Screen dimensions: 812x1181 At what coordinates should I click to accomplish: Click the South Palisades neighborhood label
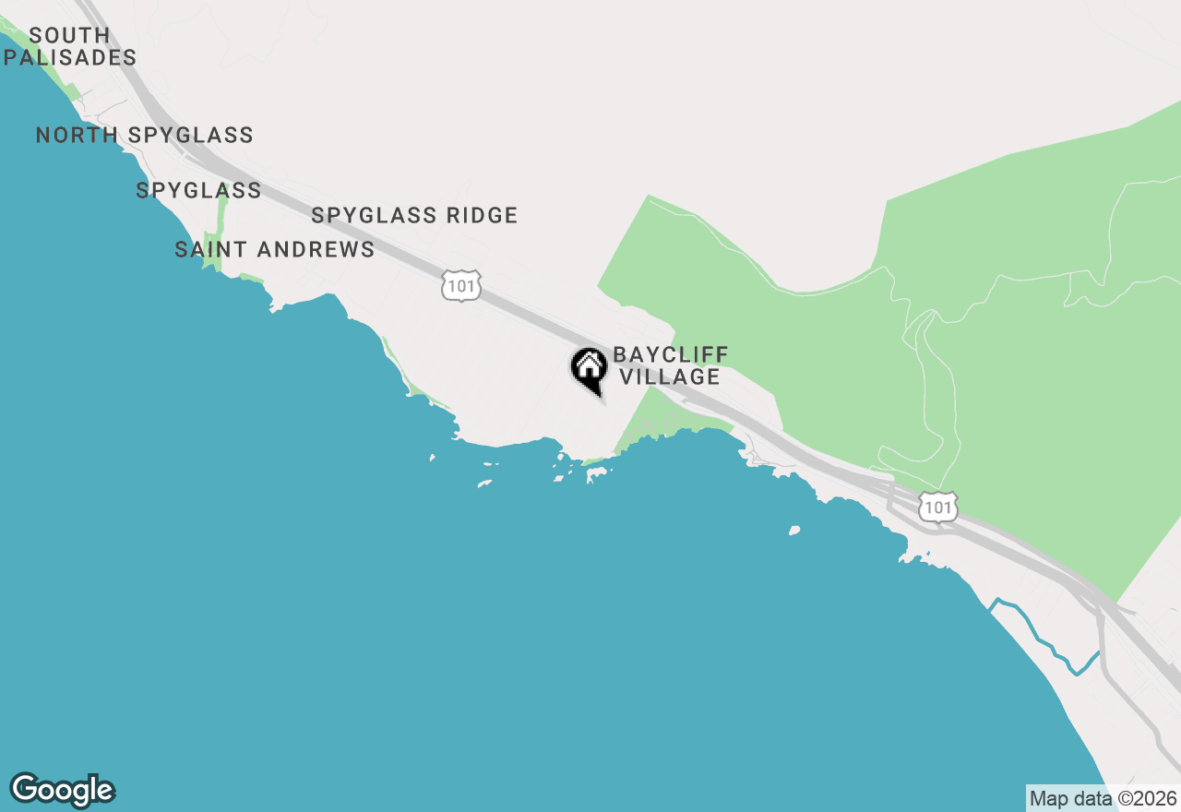coord(70,46)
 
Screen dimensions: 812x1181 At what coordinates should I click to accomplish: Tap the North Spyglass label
coord(145,136)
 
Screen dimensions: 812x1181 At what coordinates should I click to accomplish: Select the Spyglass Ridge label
coord(414,216)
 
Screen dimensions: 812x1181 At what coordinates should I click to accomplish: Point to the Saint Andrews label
coord(275,250)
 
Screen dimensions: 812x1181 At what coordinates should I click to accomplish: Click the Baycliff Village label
coord(671,366)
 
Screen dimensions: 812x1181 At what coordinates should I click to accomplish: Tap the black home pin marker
coord(590,369)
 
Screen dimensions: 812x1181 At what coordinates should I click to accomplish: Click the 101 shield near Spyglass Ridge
coord(460,286)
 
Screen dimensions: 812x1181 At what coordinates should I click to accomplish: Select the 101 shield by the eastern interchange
coord(937,507)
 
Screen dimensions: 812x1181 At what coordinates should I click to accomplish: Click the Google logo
coord(62,791)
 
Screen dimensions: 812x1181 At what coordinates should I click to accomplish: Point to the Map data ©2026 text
coord(1103,798)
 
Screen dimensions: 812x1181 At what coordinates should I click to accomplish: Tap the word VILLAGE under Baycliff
coord(670,377)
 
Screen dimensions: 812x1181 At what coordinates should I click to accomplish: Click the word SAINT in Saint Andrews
coord(211,250)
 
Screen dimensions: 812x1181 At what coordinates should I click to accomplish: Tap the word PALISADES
coord(70,57)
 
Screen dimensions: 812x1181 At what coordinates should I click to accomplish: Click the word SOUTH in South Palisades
coord(70,35)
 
